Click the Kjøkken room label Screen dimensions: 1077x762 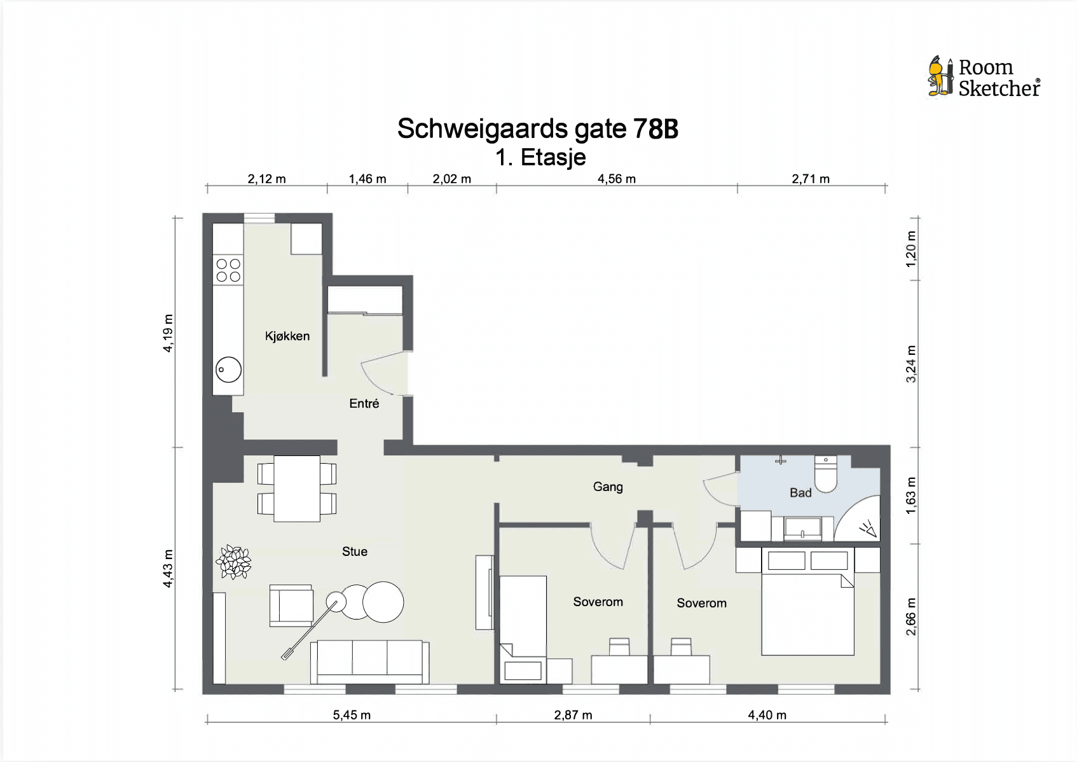click(287, 336)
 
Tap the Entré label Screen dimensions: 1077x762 click(364, 403)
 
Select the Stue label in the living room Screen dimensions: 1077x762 click(354, 551)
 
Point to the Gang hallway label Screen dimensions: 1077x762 click(608, 487)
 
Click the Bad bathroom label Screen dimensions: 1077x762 click(800, 492)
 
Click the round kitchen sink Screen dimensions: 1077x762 click(228, 370)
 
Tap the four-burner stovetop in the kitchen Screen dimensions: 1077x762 click(228, 270)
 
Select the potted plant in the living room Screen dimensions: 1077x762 click(234, 562)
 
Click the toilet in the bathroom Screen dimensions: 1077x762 click(825, 474)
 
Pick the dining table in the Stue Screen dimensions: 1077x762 click(297, 488)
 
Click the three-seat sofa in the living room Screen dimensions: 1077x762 click(369, 662)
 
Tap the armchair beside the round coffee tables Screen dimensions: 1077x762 click(291, 606)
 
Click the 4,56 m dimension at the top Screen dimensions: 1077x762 click(617, 179)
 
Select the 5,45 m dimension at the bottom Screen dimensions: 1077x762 click(352, 715)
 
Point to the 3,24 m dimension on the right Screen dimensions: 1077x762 click(910, 364)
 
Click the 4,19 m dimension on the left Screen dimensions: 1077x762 click(168, 333)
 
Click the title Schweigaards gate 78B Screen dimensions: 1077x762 click(537, 128)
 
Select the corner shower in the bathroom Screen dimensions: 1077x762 click(858, 520)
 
